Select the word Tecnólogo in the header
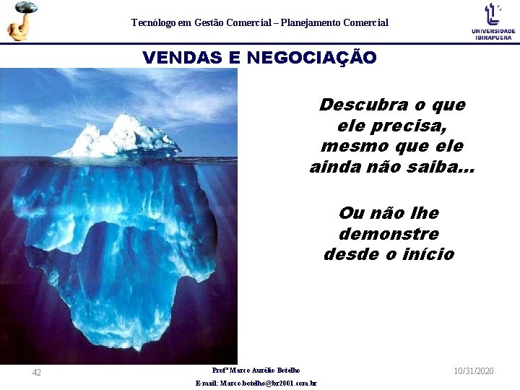(x=152, y=23)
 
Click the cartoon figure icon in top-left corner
(x=20, y=21)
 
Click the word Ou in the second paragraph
(x=351, y=214)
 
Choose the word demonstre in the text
(x=389, y=234)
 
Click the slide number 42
(x=37, y=373)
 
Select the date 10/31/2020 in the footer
(x=474, y=370)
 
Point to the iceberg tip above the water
(x=119, y=137)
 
